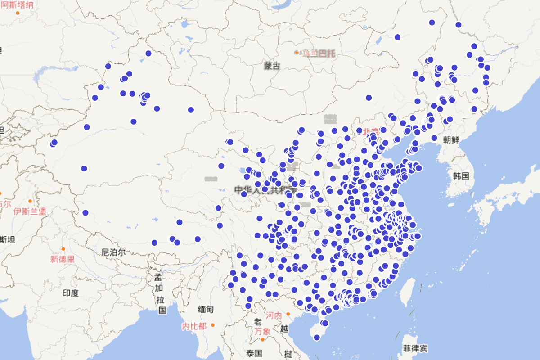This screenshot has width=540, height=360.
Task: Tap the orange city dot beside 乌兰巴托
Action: [x=297, y=53]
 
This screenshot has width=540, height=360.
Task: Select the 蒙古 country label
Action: [x=272, y=67]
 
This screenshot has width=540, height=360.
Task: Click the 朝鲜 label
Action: [x=451, y=139]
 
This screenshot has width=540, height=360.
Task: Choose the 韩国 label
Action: [x=461, y=175]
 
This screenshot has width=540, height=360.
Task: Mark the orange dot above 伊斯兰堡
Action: [x=30, y=201]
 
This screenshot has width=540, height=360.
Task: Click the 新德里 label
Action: [x=63, y=259]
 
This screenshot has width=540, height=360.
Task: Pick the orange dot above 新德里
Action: [x=63, y=249]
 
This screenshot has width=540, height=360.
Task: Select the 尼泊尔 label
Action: [x=113, y=252]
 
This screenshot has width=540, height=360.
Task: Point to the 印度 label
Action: [x=71, y=293]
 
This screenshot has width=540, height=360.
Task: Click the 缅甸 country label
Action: [x=206, y=310]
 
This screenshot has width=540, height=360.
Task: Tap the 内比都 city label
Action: [x=194, y=326]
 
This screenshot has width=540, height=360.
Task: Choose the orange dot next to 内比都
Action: [x=213, y=325]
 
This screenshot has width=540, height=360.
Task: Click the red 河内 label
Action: [x=274, y=315]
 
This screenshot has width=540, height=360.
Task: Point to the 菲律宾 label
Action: [x=415, y=348]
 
